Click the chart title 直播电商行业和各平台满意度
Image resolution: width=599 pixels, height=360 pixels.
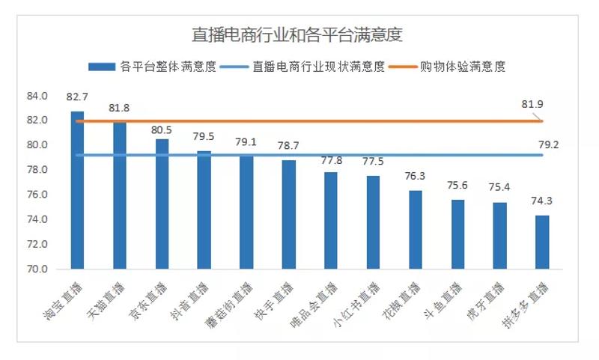[298, 34]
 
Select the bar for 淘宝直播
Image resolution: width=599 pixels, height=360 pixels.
[77, 190]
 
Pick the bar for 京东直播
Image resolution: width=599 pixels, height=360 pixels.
[162, 204]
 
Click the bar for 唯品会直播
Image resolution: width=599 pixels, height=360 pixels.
[331, 220]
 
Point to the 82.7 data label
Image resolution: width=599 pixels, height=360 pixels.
[77, 97]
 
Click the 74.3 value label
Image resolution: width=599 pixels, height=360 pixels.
[542, 201]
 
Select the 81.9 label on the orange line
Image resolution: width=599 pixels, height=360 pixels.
[532, 104]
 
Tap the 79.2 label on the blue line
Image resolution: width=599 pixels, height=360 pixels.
[549, 145]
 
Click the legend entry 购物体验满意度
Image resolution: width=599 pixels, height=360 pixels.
[472, 66]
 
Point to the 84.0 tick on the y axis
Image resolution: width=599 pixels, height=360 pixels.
[37, 96]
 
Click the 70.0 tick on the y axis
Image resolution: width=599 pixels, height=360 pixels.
[37, 269]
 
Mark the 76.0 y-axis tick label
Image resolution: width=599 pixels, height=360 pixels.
[37, 195]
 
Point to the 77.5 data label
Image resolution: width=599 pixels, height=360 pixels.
[373, 162]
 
